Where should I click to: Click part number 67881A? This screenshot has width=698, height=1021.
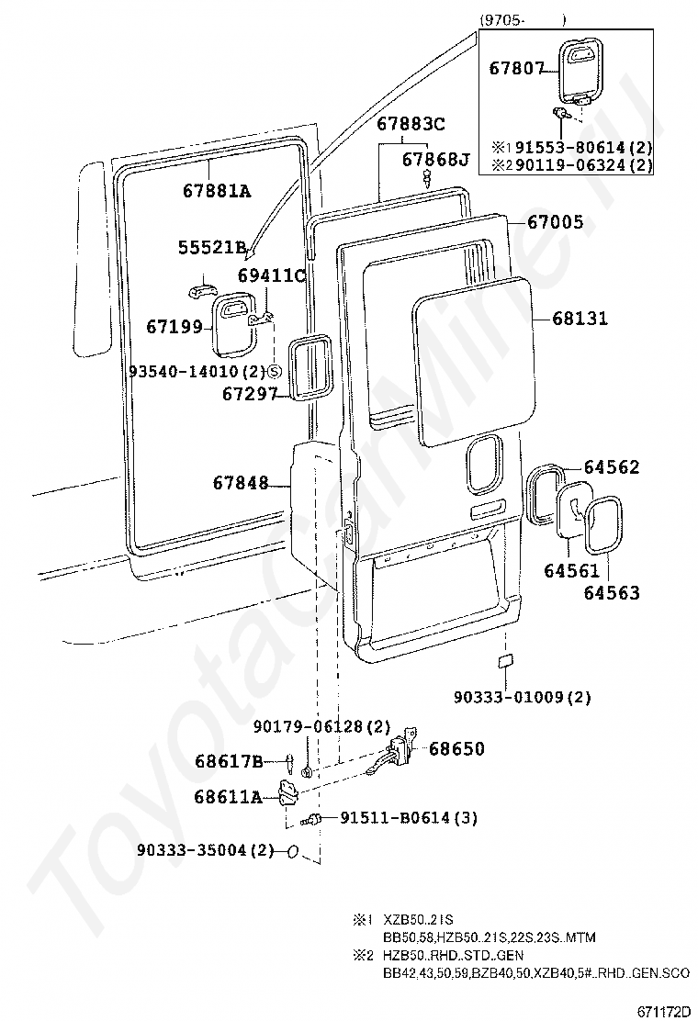click(216, 191)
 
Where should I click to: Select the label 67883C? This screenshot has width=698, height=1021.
click(411, 124)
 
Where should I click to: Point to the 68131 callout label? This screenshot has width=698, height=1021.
click(580, 319)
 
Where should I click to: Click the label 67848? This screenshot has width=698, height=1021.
click(241, 483)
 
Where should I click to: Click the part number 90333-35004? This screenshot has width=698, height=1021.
click(193, 850)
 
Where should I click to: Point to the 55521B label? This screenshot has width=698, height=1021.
click(212, 247)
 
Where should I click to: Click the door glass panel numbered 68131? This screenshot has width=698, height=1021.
click(474, 360)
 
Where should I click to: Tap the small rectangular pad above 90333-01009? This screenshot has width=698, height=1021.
click(505, 662)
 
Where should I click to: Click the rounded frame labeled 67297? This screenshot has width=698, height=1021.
click(311, 368)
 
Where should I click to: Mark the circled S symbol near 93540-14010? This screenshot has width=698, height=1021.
click(273, 372)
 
